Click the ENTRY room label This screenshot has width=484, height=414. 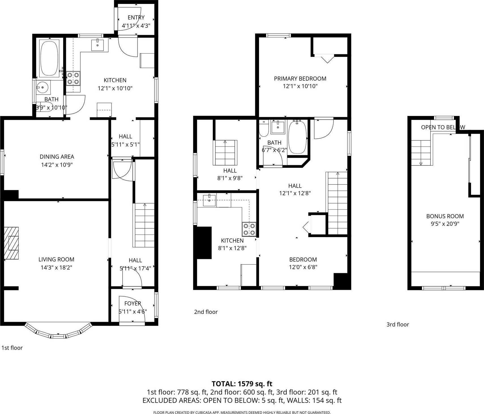point(136,18)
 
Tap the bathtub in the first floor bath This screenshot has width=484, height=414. point(50,58)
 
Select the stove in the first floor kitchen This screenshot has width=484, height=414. point(73,78)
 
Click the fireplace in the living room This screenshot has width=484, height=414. point(12,243)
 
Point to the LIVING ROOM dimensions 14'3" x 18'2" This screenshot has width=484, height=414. point(56,267)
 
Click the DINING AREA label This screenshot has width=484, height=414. point(57,156)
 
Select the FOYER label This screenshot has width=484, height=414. point(132,304)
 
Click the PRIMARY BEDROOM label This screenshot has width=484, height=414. point(300,79)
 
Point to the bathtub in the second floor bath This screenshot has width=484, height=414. point(297,137)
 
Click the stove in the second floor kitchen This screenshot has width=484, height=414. point(249,229)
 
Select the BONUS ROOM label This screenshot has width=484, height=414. point(445,216)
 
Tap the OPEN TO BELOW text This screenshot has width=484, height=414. point(443,127)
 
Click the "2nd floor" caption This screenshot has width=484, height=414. point(206,312)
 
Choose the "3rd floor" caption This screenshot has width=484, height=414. point(398,325)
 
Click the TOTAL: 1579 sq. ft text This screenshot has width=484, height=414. point(242,384)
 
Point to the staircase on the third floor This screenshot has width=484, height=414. point(421,153)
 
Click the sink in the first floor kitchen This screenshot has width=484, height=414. point(98,45)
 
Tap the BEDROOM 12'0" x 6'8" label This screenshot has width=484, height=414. point(303,259)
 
